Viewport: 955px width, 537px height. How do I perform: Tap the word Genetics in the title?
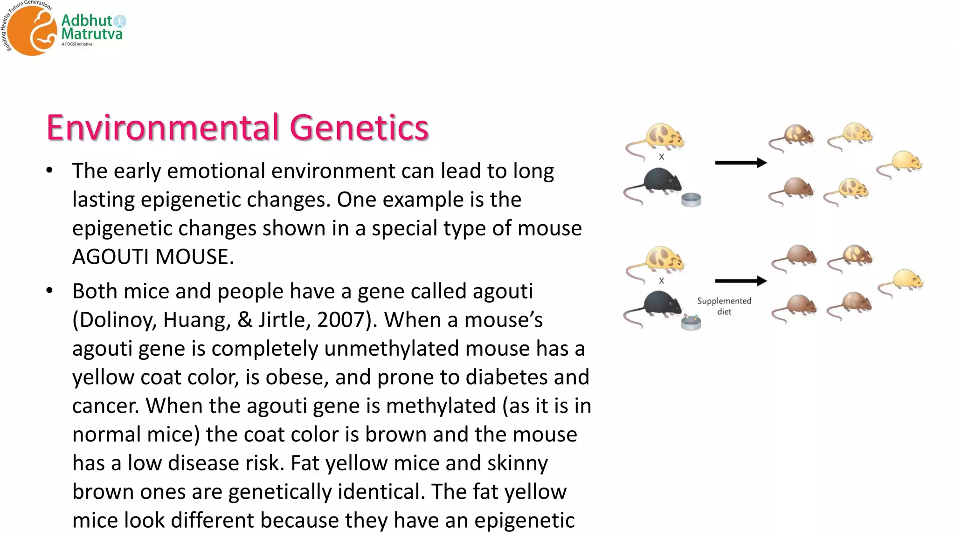359,127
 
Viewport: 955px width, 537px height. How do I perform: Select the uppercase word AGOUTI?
111,257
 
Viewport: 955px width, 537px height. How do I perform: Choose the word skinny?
517,463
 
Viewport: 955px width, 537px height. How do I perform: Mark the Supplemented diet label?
724,306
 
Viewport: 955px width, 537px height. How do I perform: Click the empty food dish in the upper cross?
691,200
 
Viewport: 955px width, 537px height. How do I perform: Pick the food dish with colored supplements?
691,322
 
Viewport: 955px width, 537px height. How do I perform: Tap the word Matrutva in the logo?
92,34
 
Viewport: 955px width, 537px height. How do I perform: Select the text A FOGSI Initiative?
77,44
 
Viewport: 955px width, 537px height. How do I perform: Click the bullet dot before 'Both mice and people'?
50,291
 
